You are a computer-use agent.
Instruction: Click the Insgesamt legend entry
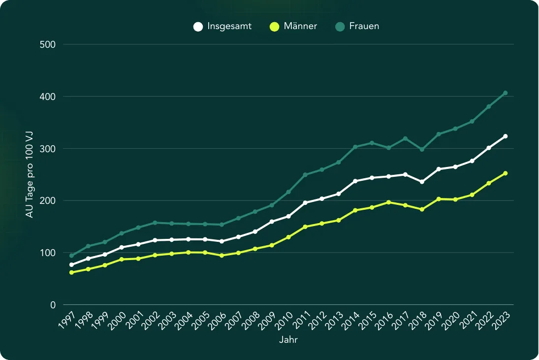point(222,27)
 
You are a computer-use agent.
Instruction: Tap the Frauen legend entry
point(357,27)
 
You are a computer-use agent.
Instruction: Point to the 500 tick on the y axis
point(48,45)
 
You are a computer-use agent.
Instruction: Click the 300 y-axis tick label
point(48,149)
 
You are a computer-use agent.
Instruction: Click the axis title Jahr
point(288,340)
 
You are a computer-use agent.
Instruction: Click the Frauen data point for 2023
point(505,93)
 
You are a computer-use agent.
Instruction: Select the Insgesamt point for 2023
point(505,136)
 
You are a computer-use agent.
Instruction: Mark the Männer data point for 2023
point(505,173)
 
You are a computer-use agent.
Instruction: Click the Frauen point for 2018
point(422,149)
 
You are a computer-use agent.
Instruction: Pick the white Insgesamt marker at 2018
point(422,182)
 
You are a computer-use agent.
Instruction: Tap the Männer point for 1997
point(71,272)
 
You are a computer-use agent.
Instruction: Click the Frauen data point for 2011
point(305,175)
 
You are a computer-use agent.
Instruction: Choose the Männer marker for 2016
point(388,202)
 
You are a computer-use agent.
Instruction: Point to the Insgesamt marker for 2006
point(222,241)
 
